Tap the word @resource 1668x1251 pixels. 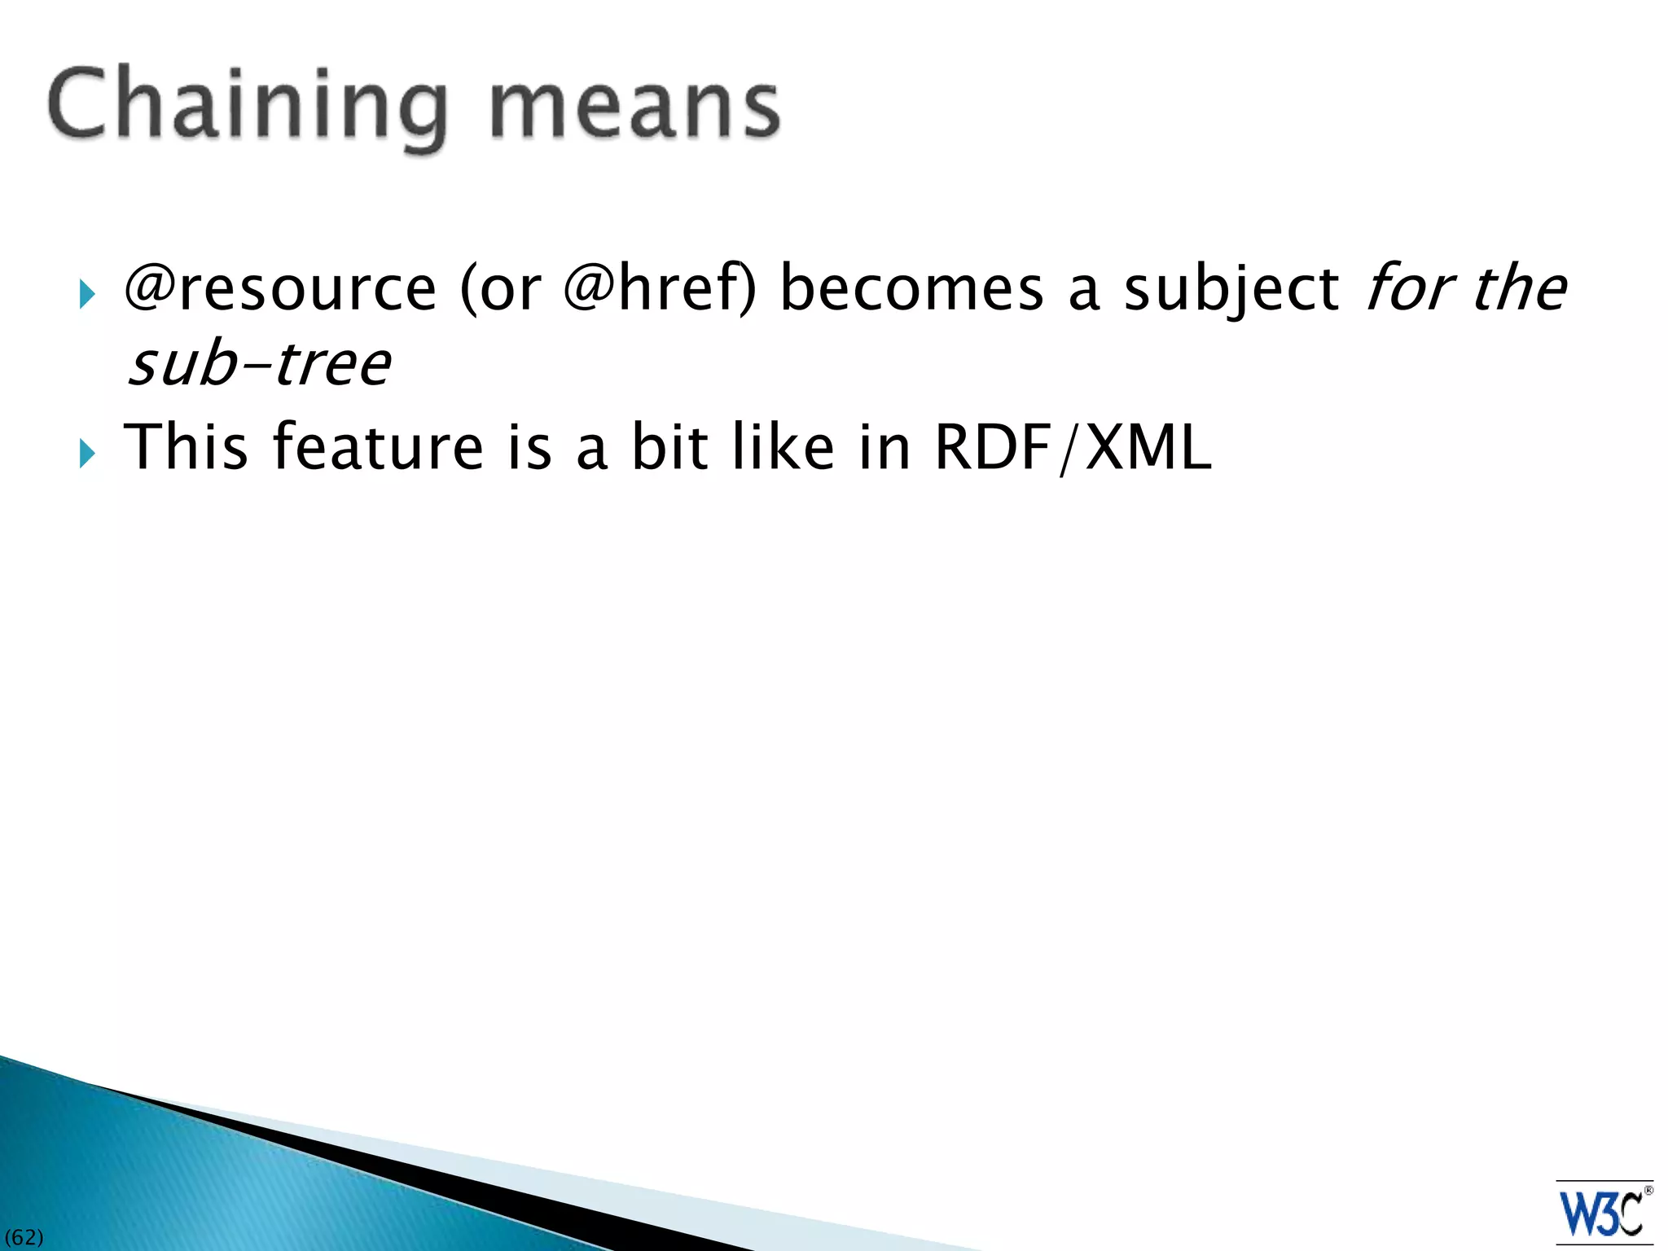coord(280,289)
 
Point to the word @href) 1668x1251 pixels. coord(660,289)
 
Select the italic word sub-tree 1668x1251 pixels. coord(259,364)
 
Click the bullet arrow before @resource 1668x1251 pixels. coord(87,295)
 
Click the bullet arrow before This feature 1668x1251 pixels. coord(87,454)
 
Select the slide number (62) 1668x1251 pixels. coord(24,1237)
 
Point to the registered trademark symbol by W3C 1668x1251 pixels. coord(1648,1191)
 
